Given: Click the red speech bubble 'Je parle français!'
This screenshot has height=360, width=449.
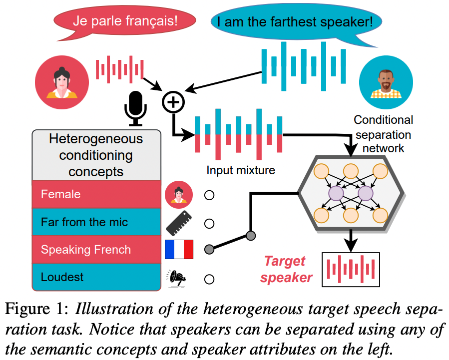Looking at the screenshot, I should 125,21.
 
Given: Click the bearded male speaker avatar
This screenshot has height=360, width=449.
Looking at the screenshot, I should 386,81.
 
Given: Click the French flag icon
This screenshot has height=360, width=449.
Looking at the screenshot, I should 179,249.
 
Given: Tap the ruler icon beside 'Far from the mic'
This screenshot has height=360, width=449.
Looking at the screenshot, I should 179,223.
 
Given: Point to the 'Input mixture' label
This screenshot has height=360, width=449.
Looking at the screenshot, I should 241,171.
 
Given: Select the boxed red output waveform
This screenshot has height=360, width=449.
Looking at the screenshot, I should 351,269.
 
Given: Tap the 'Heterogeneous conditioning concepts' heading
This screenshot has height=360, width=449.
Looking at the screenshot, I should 96,155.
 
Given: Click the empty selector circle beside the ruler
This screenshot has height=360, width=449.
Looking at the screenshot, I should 209,223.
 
